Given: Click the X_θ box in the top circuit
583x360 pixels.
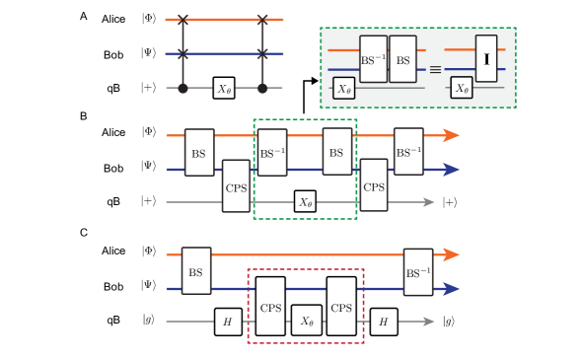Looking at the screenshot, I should (224, 88).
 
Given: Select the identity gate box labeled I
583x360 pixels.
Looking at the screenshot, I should (485, 60).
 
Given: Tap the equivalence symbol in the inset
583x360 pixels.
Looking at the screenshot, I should (434, 70).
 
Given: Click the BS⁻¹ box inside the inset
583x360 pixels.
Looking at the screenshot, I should (373, 60).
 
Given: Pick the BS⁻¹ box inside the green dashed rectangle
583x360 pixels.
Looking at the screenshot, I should (272, 153).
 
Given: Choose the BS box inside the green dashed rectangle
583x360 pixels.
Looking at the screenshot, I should (336, 153).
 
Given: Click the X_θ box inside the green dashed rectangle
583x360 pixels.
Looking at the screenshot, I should (305, 202).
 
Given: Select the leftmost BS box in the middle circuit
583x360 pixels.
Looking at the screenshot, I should (199, 153).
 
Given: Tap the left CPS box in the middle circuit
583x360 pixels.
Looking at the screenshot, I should (236, 185).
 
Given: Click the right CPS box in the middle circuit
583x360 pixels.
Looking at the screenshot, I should (374, 185).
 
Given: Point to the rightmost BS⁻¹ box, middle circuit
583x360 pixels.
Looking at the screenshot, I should (408, 153).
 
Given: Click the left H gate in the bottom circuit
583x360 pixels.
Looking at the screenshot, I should (228, 322).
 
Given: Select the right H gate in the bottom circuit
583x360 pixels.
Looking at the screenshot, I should (384, 322).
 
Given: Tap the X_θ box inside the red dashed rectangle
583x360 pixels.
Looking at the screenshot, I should (306, 322).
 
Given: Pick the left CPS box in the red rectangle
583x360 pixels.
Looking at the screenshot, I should (270, 306).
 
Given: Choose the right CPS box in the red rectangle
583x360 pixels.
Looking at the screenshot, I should (341, 306).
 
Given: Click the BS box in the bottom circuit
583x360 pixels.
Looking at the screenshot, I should (195, 271).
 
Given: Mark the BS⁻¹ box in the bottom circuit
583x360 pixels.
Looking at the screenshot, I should (417, 271).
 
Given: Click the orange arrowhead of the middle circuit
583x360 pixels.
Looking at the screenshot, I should (450, 136).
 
